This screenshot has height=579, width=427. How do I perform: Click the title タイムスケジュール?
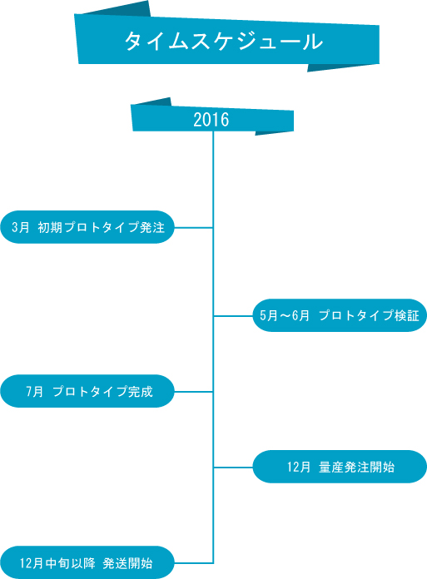click(223, 41)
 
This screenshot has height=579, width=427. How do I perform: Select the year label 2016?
click(211, 120)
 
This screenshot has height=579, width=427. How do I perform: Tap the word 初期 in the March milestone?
click(50, 227)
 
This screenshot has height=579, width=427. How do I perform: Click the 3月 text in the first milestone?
click(20, 227)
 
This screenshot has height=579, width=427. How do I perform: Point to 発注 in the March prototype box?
click(152, 227)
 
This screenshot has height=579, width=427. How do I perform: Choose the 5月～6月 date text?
click(285, 316)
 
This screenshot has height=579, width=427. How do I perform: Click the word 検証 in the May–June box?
click(407, 316)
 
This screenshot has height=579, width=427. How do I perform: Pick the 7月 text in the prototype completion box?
click(34, 392)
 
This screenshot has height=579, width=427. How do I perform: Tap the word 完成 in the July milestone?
click(141, 392)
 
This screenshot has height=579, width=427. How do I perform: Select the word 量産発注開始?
click(357, 468)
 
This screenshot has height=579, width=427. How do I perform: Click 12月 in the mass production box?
click(299, 468)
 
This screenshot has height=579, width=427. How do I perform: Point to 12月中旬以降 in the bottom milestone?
click(57, 563)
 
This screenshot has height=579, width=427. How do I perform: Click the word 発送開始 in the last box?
click(128, 563)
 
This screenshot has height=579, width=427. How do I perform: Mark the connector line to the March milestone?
click(193, 228)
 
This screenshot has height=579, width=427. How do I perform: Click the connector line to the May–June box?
click(233, 316)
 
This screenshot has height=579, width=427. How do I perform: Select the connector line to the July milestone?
click(193, 392)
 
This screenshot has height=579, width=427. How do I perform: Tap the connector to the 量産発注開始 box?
click(233, 468)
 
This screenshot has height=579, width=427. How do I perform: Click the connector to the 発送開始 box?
click(193, 563)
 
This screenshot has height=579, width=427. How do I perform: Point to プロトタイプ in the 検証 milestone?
click(355, 316)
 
